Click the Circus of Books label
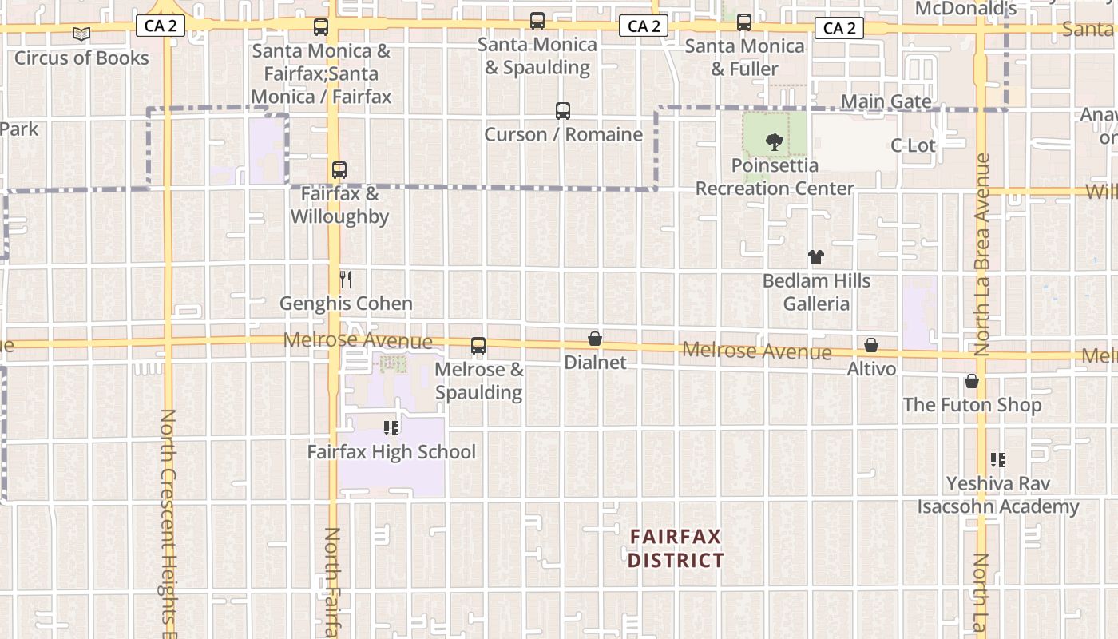coord(81,58)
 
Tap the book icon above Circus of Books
coord(81,34)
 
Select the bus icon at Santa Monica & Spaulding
coord(537,21)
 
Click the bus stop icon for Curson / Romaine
coord(563,111)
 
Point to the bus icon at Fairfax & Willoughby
coord(339,170)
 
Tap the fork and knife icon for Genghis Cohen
coord(346,280)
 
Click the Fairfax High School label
coord(391,452)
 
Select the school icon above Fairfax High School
coord(391,428)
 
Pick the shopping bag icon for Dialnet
coord(595,339)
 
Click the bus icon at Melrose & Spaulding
coord(478,346)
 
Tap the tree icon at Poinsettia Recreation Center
coord(774,143)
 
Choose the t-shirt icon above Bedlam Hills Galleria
coord(815,257)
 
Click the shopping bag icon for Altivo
coord(871,345)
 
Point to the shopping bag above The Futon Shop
coord(972,381)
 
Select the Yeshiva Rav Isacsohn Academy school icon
coord(998,460)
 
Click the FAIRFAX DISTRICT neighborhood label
coord(676,548)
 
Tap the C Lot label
coord(913,145)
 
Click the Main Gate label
coord(886,101)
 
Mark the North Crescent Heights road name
coord(168,519)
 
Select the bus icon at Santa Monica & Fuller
coord(744,22)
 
